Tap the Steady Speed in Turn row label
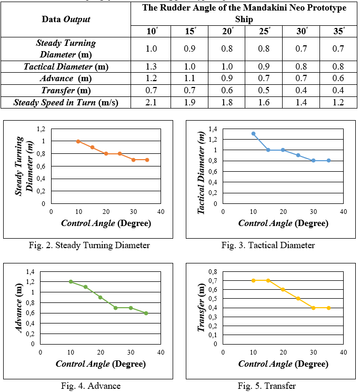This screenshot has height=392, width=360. pos(65,102)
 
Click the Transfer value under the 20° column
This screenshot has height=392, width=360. pos(228,90)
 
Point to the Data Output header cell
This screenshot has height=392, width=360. pos(65,19)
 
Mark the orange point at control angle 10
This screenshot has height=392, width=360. pos(78,141)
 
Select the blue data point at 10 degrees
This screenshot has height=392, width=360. pos(253,134)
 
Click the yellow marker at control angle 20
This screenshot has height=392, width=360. pos(283,289)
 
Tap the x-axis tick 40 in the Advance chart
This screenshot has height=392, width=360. pos(161,351)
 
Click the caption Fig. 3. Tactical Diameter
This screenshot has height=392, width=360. pos(268,245)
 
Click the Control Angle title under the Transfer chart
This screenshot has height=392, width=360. pos(283,364)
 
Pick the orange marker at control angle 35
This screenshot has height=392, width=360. pos(147,160)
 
